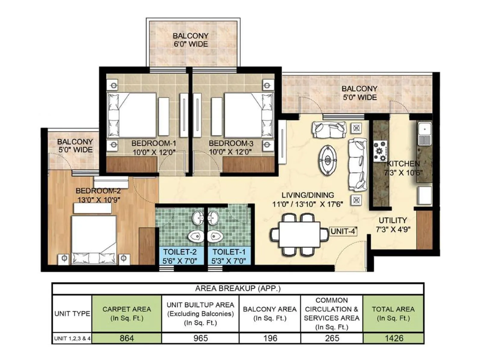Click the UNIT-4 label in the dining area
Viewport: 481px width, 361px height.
(343, 231)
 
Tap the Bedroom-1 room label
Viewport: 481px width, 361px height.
(154, 143)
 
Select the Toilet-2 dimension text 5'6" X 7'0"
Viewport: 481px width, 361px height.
(180, 261)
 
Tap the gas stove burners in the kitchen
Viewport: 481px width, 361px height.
(380, 151)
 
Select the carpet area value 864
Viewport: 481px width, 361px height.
(127, 338)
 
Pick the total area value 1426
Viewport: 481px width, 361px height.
(394, 338)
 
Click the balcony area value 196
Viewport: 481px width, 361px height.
(270, 338)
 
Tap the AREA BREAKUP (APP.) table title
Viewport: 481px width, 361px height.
(238, 288)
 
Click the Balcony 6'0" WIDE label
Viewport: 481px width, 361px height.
(191, 40)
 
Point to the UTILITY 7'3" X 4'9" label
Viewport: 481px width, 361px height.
(393, 225)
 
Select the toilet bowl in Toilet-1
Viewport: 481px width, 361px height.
(215, 236)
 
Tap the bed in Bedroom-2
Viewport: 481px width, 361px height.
(93, 239)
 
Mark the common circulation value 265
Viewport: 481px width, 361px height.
(332, 338)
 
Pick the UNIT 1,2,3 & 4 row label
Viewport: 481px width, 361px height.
(72, 338)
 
